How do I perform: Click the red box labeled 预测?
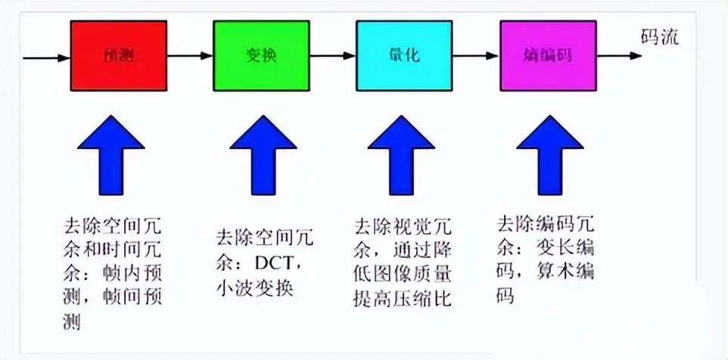[x=118, y=56]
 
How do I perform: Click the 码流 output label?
[x=659, y=38]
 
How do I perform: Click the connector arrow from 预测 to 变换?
[x=189, y=56]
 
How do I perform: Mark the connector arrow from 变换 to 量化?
[x=332, y=56]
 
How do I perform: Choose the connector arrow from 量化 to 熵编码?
[x=476, y=56]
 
